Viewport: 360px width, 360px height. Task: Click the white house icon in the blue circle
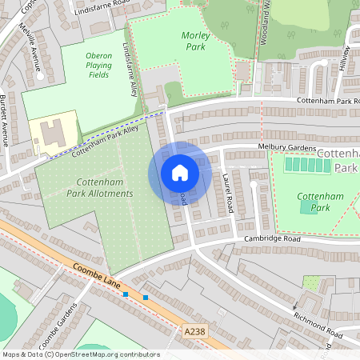(x=180, y=173)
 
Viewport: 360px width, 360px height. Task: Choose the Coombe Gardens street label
(x=68, y=324)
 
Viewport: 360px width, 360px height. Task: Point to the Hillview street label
(x=345, y=61)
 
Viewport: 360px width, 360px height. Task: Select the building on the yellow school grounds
(x=50, y=135)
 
